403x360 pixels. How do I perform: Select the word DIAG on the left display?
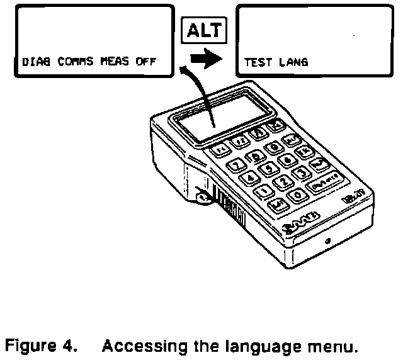click(x=35, y=63)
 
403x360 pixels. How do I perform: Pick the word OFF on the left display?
click(x=147, y=63)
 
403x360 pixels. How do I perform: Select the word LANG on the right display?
click(x=294, y=63)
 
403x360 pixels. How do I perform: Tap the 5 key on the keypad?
click(x=269, y=168)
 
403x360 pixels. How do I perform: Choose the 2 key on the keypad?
click(x=284, y=183)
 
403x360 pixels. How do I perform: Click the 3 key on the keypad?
click(x=302, y=172)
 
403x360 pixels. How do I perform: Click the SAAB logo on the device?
click(x=302, y=224)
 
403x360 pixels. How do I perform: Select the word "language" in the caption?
click(x=247, y=346)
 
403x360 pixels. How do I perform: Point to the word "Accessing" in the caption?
click(x=141, y=346)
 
